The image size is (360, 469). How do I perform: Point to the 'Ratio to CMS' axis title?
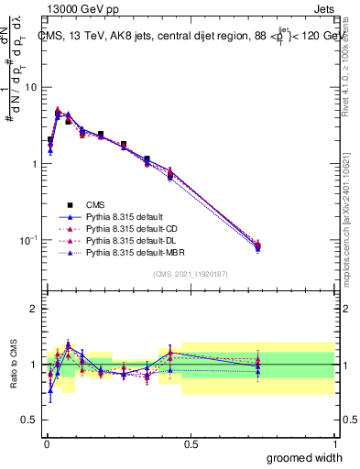(x=12, y=364)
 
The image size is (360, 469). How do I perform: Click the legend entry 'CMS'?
(x=98, y=204)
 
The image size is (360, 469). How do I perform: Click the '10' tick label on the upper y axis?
(x=30, y=87)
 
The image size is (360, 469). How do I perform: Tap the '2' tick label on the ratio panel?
(x=34, y=309)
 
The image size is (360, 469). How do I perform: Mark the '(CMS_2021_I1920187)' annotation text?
(x=189, y=274)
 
